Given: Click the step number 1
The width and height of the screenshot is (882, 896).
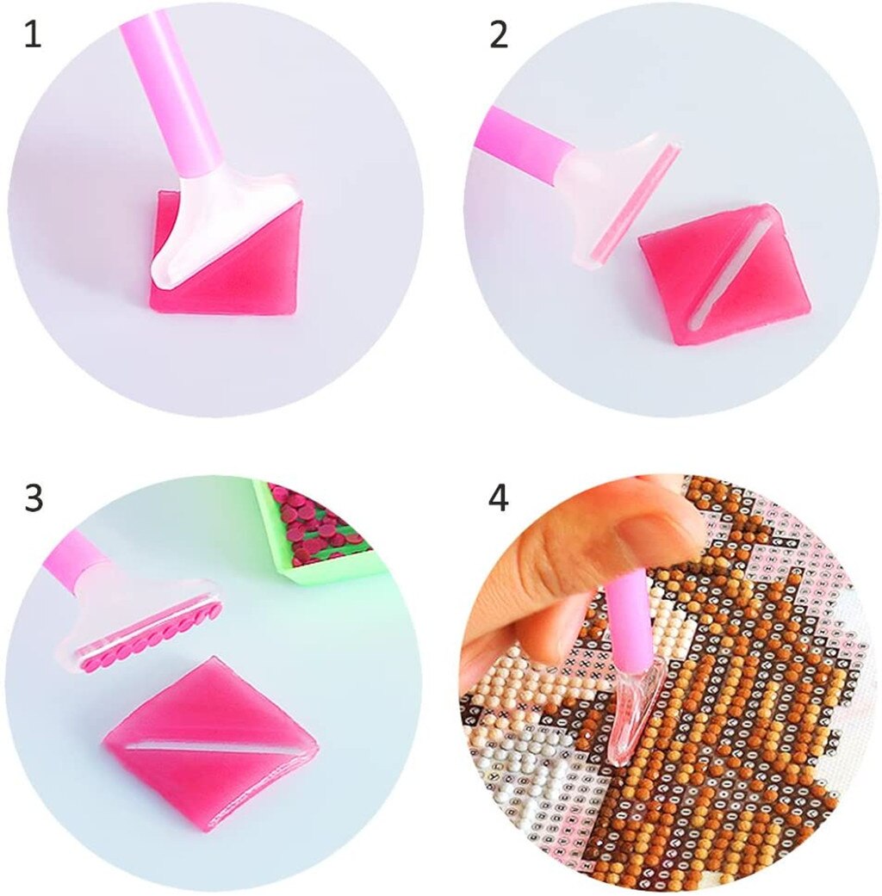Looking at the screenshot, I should point(32,37).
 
